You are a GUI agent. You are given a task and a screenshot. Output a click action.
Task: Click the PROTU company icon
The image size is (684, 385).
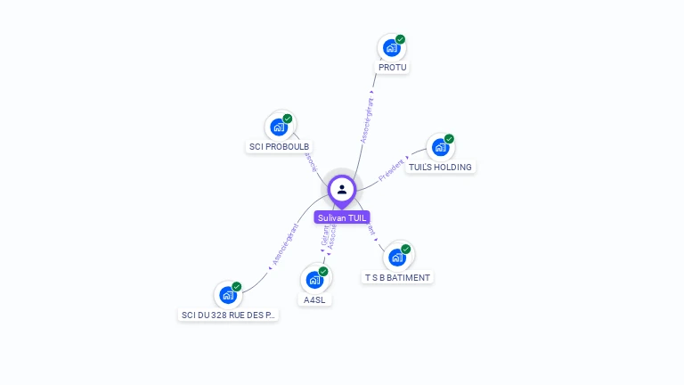(x=391, y=48)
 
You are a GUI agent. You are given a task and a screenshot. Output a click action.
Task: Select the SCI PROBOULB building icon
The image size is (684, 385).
(x=279, y=127)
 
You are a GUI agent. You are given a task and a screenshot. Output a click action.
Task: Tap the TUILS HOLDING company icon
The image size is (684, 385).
(x=440, y=148)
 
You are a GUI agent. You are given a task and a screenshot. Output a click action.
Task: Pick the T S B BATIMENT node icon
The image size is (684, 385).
(x=397, y=258)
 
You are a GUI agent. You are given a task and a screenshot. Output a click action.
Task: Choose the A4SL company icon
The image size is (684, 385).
(x=314, y=280)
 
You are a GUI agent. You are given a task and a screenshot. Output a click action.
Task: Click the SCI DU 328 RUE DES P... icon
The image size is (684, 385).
(x=228, y=295)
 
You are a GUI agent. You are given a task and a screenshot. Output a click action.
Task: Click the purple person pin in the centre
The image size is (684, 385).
(x=342, y=190)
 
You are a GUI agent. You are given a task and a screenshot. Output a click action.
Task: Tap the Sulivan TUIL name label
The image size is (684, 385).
(x=342, y=217)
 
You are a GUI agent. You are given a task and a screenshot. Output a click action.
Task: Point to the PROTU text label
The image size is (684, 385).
(x=392, y=68)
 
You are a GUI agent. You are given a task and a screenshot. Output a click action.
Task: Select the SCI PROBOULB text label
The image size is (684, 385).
(x=279, y=147)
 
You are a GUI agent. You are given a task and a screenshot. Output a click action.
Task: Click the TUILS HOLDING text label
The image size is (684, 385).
(x=440, y=168)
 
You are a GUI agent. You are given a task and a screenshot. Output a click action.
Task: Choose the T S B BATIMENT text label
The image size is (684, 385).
(x=397, y=278)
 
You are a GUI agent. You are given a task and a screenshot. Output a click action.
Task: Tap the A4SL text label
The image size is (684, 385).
(x=314, y=300)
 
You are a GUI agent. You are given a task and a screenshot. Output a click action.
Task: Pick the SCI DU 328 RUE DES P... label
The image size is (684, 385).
(x=229, y=315)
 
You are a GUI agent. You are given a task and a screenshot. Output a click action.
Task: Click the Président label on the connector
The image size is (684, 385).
(x=392, y=169)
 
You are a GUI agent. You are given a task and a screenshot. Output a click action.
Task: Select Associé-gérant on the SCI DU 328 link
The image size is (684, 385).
(x=284, y=246)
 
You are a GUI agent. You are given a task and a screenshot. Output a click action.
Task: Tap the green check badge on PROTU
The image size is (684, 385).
(x=401, y=39)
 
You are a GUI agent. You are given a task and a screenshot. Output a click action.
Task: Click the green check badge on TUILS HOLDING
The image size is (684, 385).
(x=450, y=139)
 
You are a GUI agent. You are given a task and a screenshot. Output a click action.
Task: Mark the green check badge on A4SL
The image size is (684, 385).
(x=323, y=271)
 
